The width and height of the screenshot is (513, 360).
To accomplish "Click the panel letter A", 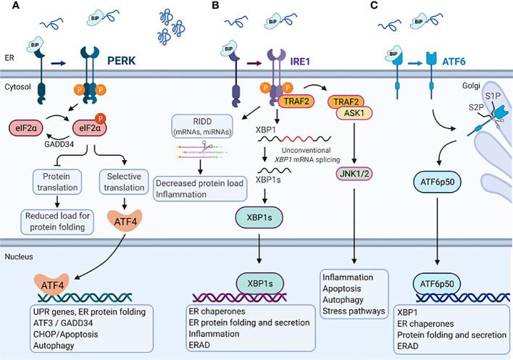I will [7, 7].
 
